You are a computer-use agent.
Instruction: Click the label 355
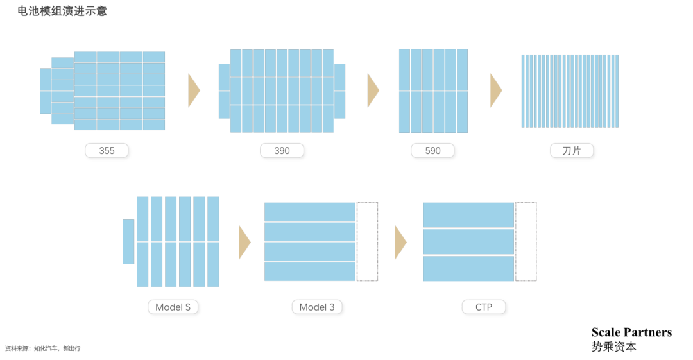pyautogui.click(x=107, y=151)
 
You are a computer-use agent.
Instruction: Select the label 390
pyautogui.click(x=282, y=151)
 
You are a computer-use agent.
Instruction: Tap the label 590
pyautogui.click(x=433, y=151)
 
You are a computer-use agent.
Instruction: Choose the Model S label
pyautogui.click(x=173, y=307)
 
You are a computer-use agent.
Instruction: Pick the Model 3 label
pyautogui.click(x=317, y=307)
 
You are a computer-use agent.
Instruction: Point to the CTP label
pyautogui.click(x=484, y=307)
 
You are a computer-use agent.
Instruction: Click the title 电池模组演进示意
pyautogui.click(x=62, y=12)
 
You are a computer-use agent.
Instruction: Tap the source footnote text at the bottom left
pyautogui.click(x=42, y=348)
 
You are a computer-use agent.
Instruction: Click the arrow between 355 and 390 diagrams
pyautogui.click(x=194, y=90)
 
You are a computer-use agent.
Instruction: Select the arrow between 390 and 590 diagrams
pyautogui.click(x=373, y=90)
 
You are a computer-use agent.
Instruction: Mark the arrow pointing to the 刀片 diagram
pyautogui.click(x=495, y=90)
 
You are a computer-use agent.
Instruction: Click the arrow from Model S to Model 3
pyautogui.click(x=244, y=242)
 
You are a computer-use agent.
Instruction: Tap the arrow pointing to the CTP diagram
pyautogui.click(x=400, y=242)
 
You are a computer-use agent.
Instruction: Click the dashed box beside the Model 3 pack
pyautogui.click(x=367, y=241)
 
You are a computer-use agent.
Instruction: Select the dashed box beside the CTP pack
pyautogui.click(x=526, y=241)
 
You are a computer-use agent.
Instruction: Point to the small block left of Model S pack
pyautogui.click(x=128, y=242)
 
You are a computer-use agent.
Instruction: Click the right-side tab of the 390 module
pyautogui.click(x=339, y=90)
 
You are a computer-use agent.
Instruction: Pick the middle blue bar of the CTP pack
pyautogui.click(x=468, y=242)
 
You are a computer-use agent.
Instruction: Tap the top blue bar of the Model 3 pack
pyautogui.click(x=310, y=212)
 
